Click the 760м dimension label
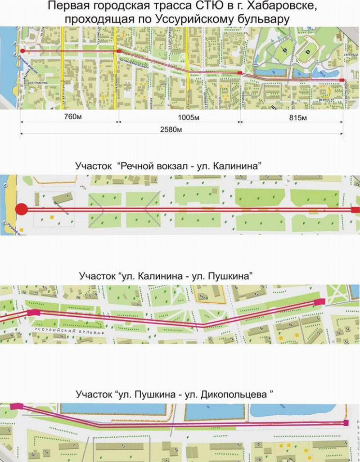[x=69, y=118]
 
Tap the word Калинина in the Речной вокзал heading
[x=240, y=165]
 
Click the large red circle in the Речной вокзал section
[x=22, y=209]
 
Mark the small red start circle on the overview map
[x=22, y=51]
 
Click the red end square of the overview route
[x=342, y=80]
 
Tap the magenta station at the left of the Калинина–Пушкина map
[x=34, y=312]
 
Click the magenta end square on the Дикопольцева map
[x=346, y=423]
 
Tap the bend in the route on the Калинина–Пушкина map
[x=203, y=324]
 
